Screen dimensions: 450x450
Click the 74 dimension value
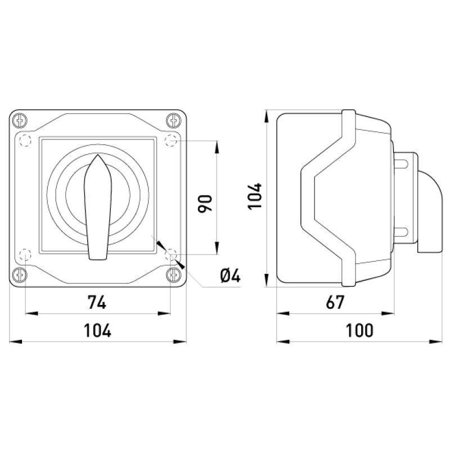coord(97,302)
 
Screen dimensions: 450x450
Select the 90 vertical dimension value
coord(205,204)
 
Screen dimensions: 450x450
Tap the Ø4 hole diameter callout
coord(230,276)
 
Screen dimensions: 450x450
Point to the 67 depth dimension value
coord(335,302)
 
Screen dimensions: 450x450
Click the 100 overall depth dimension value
coord(359,330)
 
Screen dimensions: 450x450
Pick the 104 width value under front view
coord(97,330)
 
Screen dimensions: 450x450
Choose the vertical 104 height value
coord(255,196)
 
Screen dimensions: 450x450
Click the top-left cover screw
coord(20,120)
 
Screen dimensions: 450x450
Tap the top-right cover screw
coord(173,120)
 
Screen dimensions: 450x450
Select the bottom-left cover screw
coord(20,275)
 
